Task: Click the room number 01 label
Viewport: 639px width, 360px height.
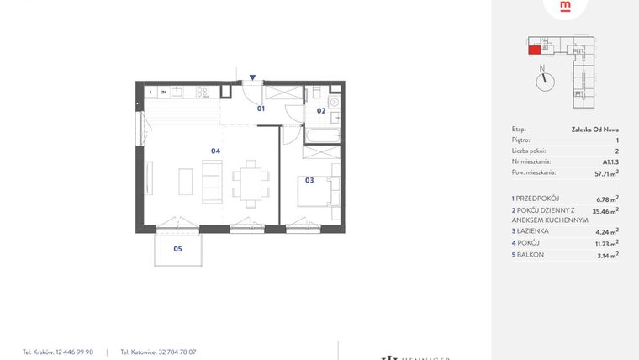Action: tap(261, 109)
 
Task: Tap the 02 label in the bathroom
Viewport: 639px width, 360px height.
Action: tap(321, 110)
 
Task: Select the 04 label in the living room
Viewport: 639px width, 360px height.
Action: tap(215, 151)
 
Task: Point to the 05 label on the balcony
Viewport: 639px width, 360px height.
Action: tap(177, 249)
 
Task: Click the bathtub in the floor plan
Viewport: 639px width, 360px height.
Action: tap(319, 135)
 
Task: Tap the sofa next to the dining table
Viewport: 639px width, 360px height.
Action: tap(214, 182)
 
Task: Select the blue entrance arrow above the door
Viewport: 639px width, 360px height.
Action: tap(252, 77)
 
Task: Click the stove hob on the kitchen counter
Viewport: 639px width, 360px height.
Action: tap(202, 92)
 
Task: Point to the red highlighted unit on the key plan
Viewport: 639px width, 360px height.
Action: tap(534, 49)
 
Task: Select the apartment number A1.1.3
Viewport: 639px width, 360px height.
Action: tap(610, 161)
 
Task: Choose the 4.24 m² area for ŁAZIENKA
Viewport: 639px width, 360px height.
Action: tap(606, 230)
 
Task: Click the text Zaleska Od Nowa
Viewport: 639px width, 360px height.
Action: tap(595, 130)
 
